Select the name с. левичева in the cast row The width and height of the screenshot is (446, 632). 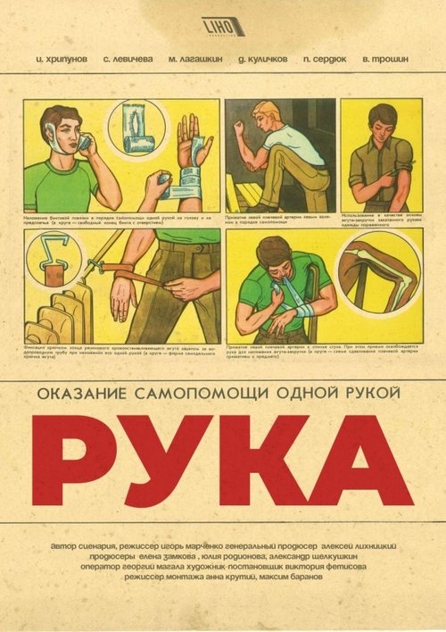128,59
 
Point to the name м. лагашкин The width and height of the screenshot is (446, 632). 194,59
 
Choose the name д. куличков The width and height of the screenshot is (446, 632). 260,59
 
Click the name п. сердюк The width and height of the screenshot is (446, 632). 325,59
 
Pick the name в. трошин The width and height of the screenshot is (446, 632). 385,59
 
